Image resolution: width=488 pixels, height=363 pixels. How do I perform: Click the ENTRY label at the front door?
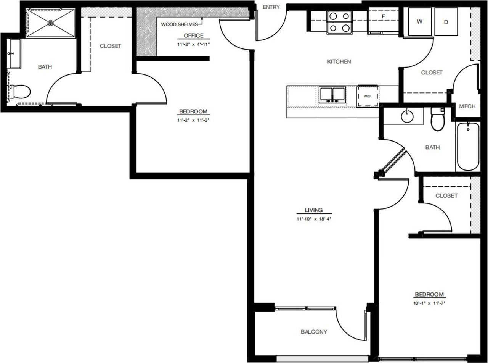[x=271, y=7]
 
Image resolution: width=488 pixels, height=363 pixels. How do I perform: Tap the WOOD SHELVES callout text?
[x=179, y=24]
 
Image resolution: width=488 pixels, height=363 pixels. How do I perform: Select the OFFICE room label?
[x=193, y=35]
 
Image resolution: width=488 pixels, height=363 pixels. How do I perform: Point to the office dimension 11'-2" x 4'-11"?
[x=193, y=44]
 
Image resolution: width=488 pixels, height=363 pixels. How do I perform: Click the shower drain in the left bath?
[x=51, y=23]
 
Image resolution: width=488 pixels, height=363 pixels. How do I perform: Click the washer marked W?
[x=420, y=22]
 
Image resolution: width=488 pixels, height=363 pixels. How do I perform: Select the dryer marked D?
[x=446, y=22]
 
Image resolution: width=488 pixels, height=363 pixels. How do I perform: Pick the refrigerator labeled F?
[x=383, y=21]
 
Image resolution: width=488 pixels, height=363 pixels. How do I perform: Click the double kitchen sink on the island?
[x=332, y=95]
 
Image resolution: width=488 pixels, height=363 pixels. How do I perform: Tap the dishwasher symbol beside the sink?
[x=368, y=96]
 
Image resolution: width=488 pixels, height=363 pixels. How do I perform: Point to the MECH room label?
[x=467, y=106]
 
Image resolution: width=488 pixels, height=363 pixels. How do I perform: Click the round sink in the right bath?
[x=407, y=116]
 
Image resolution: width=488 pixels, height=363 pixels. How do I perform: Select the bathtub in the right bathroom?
[x=468, y=146]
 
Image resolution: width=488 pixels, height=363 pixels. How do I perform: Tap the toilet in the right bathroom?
[x=438, y=119]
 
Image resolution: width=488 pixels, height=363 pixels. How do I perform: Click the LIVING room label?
[x=314, y=210]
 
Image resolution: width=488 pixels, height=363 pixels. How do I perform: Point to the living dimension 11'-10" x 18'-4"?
[x=314, y=219]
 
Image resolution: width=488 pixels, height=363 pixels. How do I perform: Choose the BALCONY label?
[x=314, y=331]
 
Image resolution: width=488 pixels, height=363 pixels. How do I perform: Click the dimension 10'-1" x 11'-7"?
[x=429, y=303]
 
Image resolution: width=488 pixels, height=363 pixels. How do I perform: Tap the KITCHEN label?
[x=339, y=61]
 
